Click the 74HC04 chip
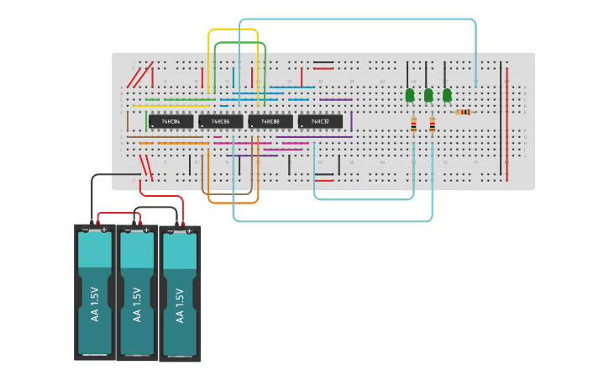coord(171,121)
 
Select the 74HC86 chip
coord(220,121)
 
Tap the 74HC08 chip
coord(270,121)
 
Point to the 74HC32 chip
coord(320,121)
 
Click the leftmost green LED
coord(410,95)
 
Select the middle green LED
coord(428,95)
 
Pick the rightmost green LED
coord(447,95)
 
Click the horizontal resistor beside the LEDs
coord(463,112)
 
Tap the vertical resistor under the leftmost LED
coord(413,125)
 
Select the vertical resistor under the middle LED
coord(432,125)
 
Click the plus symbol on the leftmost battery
coord(104,229)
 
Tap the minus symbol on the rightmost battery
coord(171,230)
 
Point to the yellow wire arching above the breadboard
coord(233,30)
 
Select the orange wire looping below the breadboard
coord(233,203)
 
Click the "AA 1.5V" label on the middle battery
coord(137,303)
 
